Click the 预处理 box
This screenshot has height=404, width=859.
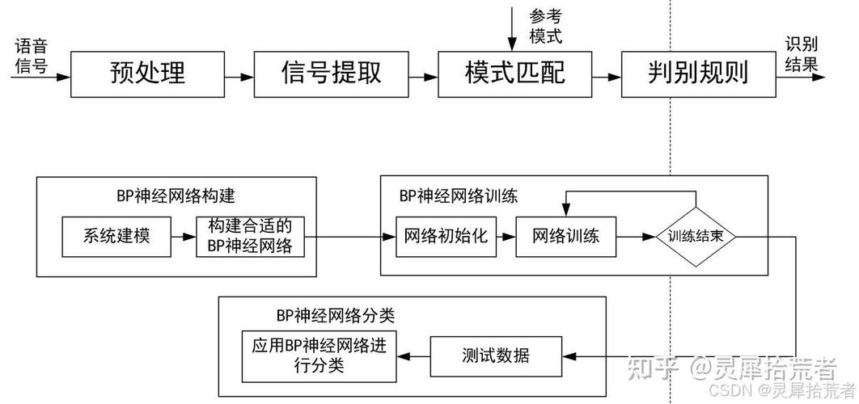point(147,74)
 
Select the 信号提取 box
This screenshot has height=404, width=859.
point(331,74)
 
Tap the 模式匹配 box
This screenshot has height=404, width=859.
point(514,74)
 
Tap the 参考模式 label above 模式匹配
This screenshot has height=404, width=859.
point(545,26)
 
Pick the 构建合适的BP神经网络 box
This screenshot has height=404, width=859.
point(250,237)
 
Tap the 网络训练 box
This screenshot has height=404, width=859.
point(565,237)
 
